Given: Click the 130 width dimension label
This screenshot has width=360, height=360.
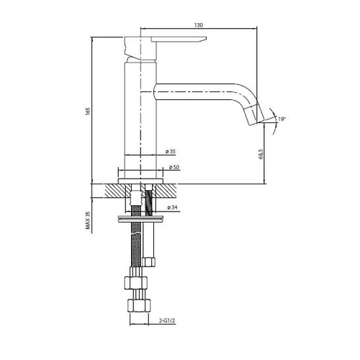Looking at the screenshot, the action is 199,25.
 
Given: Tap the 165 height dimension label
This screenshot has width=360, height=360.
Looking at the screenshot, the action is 88,111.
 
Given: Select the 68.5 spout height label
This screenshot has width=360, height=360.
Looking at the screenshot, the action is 261,154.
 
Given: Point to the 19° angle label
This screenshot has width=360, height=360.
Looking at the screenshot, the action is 282,119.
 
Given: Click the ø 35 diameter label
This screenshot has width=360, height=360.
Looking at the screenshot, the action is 171,151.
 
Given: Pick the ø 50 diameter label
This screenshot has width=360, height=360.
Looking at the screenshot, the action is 174,167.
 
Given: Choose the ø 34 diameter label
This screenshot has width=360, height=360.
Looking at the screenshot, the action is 172,207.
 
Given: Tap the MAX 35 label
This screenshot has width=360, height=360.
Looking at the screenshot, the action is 88,220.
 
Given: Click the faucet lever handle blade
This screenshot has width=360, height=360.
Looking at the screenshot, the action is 179,40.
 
